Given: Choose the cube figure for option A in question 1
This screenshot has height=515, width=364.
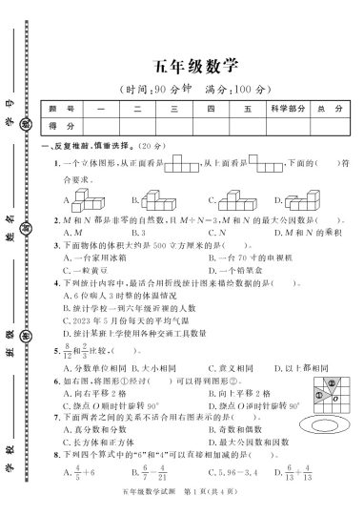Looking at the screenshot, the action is point(91,199).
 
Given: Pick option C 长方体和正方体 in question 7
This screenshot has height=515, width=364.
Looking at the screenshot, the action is point(95,443).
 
